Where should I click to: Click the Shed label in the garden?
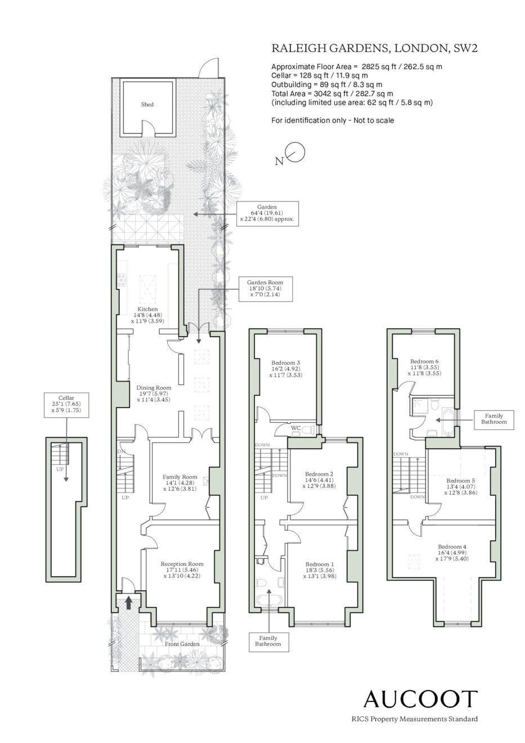[147, 105]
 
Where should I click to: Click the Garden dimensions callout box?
[267, 213]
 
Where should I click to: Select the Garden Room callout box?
[265, 289]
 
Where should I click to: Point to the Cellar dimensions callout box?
[66, 405]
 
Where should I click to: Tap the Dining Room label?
[154, 393]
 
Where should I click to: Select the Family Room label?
[180, 483]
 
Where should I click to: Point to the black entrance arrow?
[129, 602]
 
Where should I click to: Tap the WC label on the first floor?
[296, 428]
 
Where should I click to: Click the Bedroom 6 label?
[424, 367]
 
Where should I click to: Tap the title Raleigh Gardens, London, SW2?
[374, 48]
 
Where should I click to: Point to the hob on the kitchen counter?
[122, 280]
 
